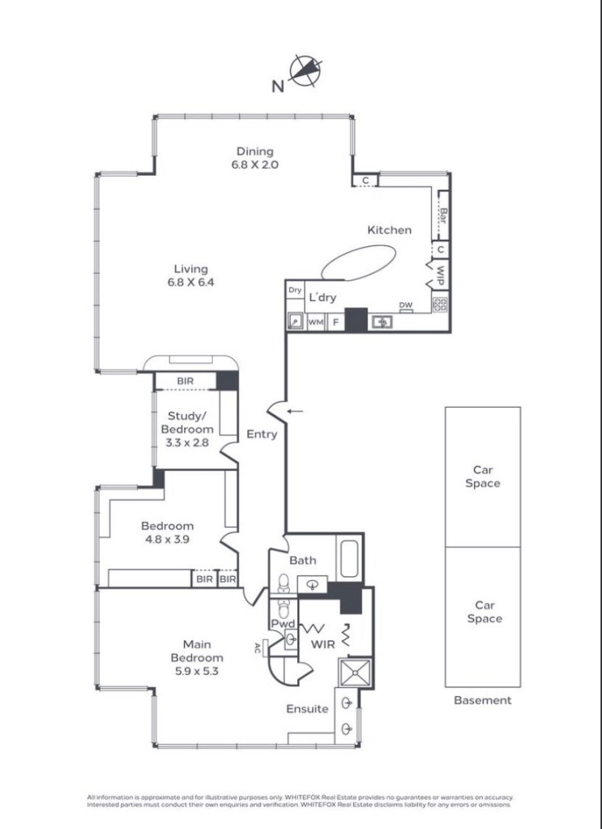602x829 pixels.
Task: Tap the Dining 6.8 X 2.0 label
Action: point(254,157)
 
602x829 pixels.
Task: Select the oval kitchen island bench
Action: point(358,263)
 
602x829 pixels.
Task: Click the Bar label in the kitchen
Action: point(443,216)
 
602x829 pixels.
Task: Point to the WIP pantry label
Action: point(440,275)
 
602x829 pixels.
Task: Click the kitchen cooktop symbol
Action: point(440,305)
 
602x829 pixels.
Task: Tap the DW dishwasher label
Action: point(405,305)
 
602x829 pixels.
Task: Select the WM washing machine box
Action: point(315,322)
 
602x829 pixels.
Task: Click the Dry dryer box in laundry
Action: point(295,290)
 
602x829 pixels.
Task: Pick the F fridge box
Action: point(335,322)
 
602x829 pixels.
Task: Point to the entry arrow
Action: point(295,411)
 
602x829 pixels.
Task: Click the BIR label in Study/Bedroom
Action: point(185,381)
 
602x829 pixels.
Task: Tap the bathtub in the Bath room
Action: point(349,558)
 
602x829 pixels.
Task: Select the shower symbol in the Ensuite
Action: point(355,673)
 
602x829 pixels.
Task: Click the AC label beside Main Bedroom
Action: point(258,648)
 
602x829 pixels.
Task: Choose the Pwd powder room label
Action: point(283,624)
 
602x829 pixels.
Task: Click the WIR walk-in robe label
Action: point(322,644)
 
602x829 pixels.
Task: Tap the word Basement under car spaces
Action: point(483,700)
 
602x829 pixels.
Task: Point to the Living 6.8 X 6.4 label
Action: point(190,276)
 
